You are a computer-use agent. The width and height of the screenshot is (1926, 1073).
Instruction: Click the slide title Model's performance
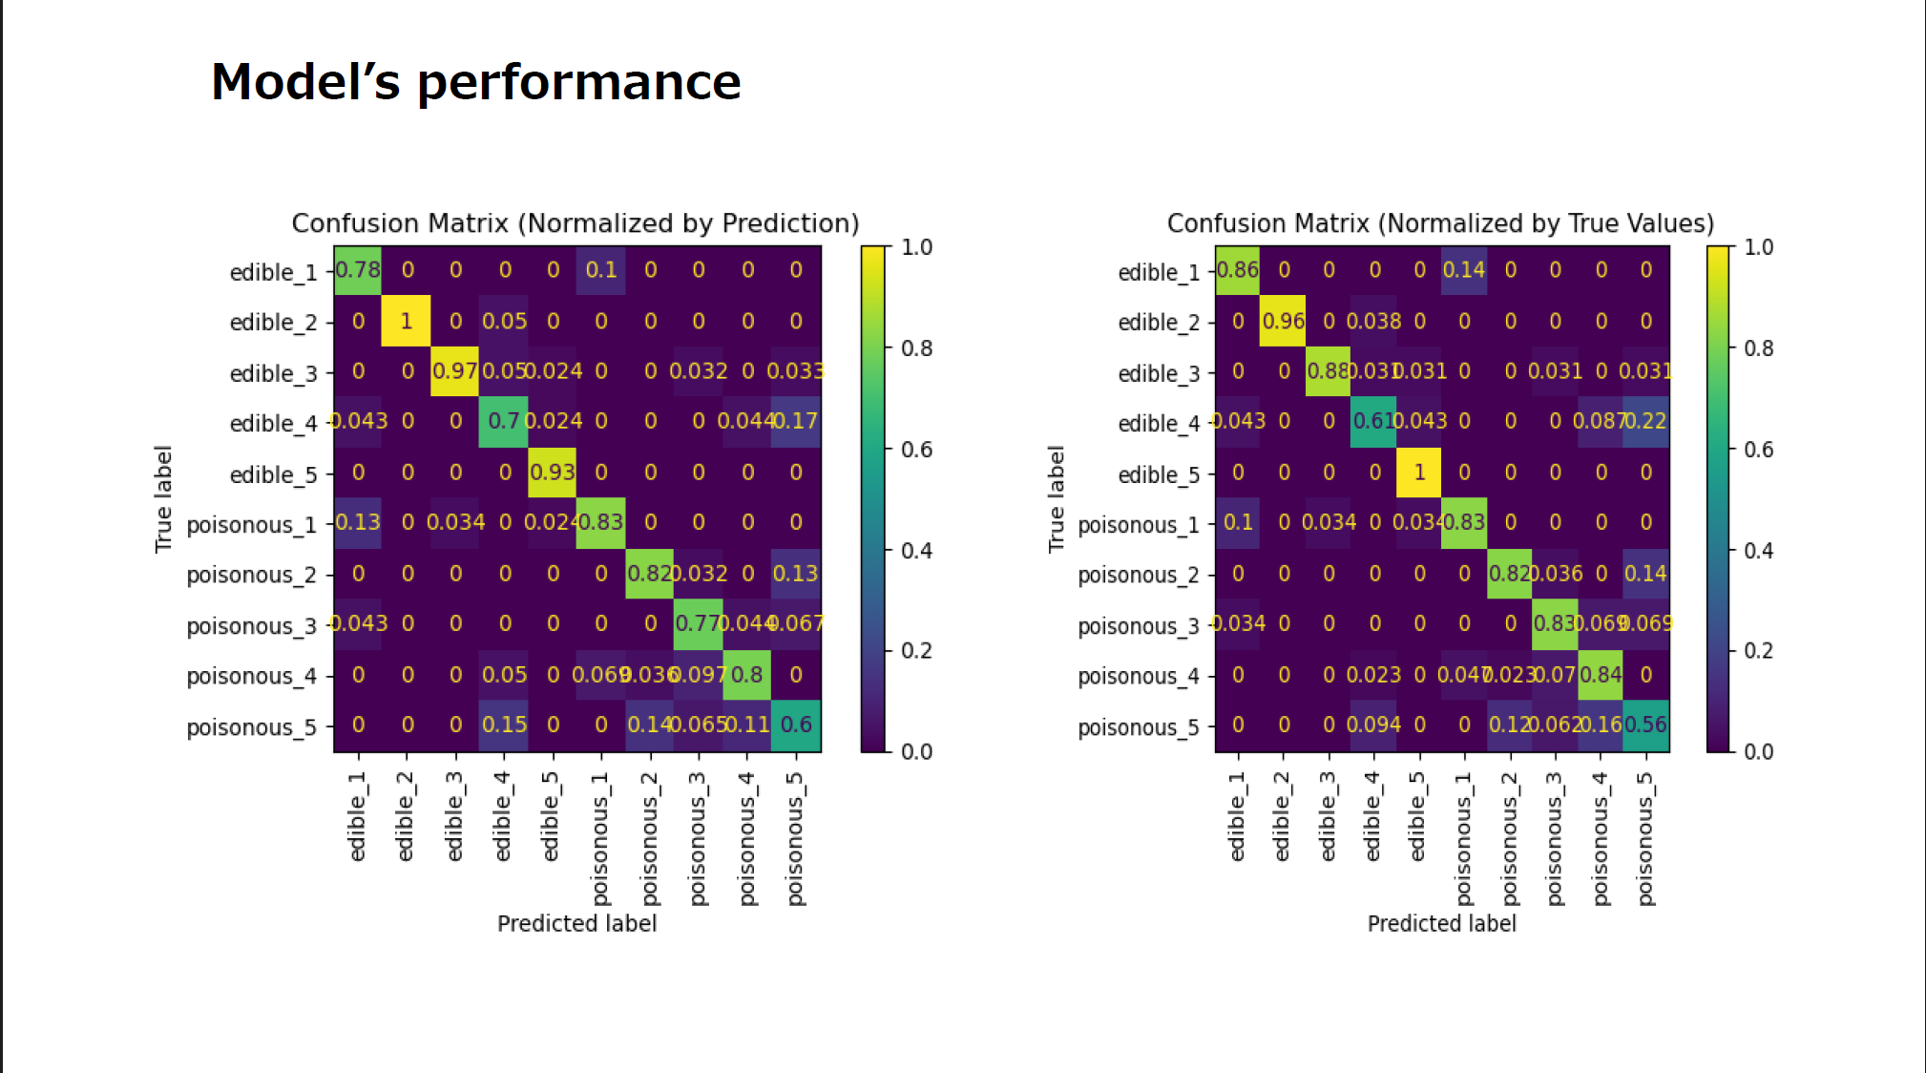tap(475, 81)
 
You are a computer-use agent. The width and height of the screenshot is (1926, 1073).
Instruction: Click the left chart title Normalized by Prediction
tap(576, 223)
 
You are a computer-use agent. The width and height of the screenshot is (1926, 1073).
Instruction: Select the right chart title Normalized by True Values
tap(1440, 223)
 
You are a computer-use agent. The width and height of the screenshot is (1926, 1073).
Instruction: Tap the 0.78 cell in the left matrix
tap(358, 270)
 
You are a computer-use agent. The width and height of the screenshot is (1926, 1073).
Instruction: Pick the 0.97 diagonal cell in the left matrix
tap(454, 370)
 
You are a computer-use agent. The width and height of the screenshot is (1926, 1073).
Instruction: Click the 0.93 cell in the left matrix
tap(553, 473)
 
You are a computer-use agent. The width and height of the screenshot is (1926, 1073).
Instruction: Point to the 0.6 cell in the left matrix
tap(796, 725)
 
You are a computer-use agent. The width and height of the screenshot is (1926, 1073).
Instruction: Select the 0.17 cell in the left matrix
tap(796, 421)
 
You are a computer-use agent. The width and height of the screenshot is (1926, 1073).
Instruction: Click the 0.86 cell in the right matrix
tap(1238, 270)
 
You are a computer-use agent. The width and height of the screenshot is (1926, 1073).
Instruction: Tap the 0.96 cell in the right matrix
tap(1284, 321)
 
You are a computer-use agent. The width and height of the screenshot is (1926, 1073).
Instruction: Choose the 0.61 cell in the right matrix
tap(1373, 421)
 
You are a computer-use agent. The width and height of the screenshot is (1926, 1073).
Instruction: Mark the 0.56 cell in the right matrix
tap(1646, 725)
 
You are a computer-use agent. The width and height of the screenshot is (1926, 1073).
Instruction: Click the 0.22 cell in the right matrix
tap(1646, 421)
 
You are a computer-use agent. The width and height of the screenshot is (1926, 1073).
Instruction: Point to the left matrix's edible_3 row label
tap(273, 373)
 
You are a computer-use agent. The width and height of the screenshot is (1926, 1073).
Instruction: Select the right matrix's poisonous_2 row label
tap(1139, 575)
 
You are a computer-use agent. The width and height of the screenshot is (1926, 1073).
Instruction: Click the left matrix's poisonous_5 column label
tap(796, 838)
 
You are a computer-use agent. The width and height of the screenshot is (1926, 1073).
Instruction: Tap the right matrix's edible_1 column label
tap(1238, 816)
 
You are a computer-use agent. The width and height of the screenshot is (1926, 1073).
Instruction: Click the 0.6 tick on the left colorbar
tap(916, 450)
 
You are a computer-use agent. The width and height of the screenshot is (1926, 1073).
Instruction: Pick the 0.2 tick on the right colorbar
tap(1758, 651)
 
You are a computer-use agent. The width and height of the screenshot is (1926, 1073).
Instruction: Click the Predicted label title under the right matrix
tap(1441, 923)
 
